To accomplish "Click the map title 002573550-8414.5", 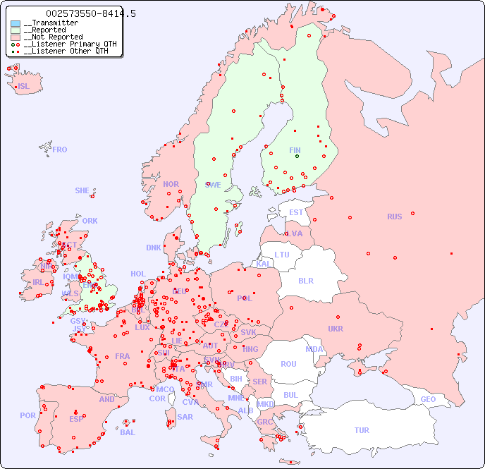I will click(x=90, y=13).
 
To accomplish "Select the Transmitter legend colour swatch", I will click(x=16, y=23).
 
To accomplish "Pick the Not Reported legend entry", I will click(x=53, y=37).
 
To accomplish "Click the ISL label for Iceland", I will click(x=24, y=87).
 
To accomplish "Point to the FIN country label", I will click(x=295, y=150).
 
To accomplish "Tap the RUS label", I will click(x=394, y=217).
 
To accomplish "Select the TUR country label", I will click(x=362, y=430).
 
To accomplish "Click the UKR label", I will click(x=336, y=329).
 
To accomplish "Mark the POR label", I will click(x=27, y=415).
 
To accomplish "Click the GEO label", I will click(x=428, y=399).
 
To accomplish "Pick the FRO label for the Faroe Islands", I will click(x=60, y=150).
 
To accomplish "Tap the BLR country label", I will click(x=306, y=280).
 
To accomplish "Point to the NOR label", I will click(x=171, y=184).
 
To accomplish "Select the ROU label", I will click(x=288, y=364).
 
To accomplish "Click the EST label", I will click(x=296, y=212).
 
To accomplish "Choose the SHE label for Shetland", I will click(x=82, y=190).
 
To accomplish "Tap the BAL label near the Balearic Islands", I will click(x=128, y=432).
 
